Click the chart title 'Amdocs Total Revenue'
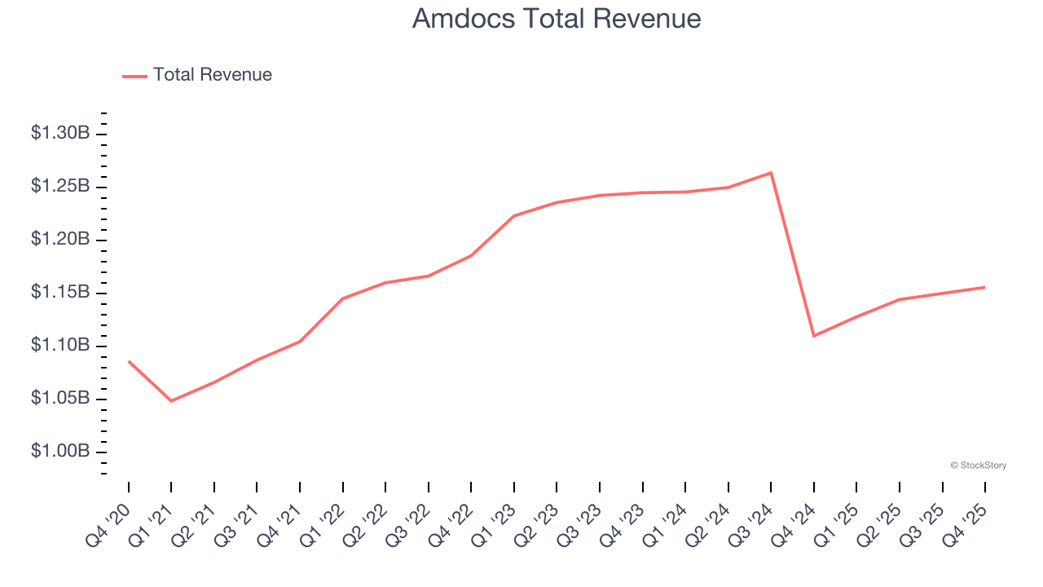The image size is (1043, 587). point(557,19)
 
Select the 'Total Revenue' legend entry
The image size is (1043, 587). point(212,75)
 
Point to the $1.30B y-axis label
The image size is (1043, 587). point(60,133)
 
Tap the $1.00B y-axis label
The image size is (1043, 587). point(60,451)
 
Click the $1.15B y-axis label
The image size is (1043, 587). point(60,292)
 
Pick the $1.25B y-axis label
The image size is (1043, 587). point(60,186)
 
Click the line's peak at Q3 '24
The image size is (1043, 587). point(771,173)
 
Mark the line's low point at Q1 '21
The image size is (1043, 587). point(171,401)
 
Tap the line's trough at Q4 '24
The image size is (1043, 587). point(814,336)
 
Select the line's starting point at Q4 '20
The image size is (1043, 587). point(129,361)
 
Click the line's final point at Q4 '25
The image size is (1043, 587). point(985,287)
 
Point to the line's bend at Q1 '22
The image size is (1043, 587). point(343,298)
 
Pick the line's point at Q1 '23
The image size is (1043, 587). point(514,216)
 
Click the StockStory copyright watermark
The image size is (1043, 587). point(978,466)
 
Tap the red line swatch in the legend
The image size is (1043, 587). point(134,76)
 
